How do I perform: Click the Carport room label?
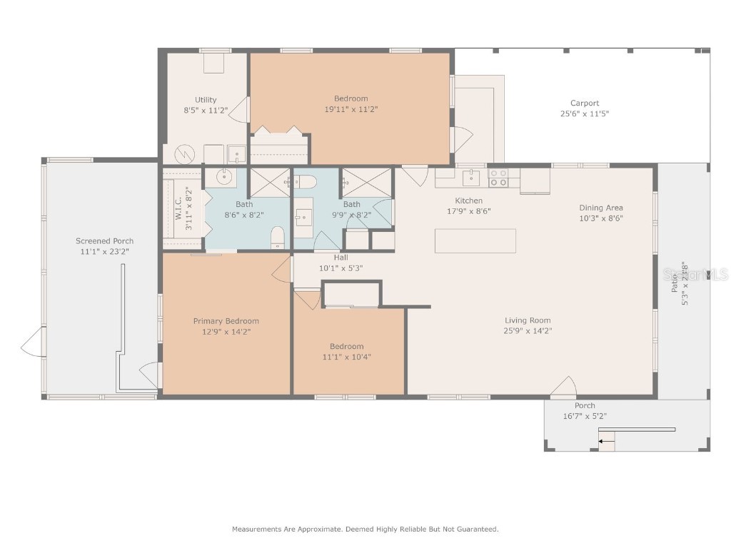pos(584,103)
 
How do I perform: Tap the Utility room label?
pos(206,100)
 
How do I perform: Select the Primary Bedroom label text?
pos(226,321)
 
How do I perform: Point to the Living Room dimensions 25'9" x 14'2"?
pos(528,330)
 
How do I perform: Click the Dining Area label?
pos(600,208)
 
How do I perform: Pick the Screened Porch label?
pos(104,241)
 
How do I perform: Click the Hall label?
pos(341,258)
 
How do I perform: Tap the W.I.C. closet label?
pos(179,210)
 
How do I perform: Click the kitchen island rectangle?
pos(475,240)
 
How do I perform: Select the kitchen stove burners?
pos(498,177)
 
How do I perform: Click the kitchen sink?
pos(470,177)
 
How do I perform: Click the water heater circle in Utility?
pos(184,154)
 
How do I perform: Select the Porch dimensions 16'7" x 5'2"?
pos(585,416)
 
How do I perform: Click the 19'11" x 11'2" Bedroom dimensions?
pos(351,109)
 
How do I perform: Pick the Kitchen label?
pos(468,201)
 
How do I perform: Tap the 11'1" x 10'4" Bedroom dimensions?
pos(346,357)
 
